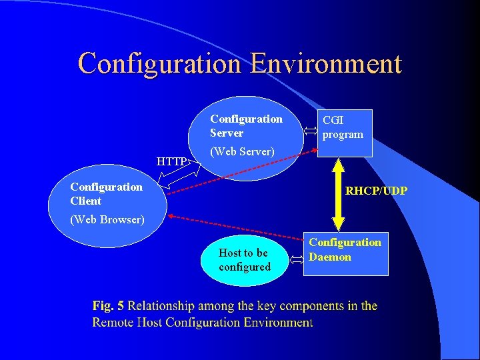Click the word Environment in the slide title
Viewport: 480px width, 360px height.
pyautogui.click(x=326, y=64)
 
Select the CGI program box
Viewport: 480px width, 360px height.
pyautogui.click(x=343, y=133)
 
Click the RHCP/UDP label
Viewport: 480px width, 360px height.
pyautogui.click(x=376, y=191)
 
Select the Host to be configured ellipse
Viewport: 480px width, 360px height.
pyautogui.click(x=244, y=260)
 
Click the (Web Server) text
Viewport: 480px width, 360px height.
pyautogui.click(x=242, y=152)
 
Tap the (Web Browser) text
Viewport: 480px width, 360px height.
pyautogui.click(x=107, y=219)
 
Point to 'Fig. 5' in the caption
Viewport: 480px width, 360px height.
pyautogui.click(x=108, y=307)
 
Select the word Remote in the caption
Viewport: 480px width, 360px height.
pyautogui.click(x=113, y=323)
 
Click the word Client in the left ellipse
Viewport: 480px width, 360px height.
pyautogui.click(x=86, y=201)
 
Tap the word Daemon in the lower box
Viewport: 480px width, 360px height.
pyautogui.click(x=330, y=257)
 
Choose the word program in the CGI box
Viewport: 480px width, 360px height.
pyautogui.click(x=343, y=135)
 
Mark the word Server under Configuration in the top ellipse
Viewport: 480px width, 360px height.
pyautogui.click(x=227, y=133)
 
